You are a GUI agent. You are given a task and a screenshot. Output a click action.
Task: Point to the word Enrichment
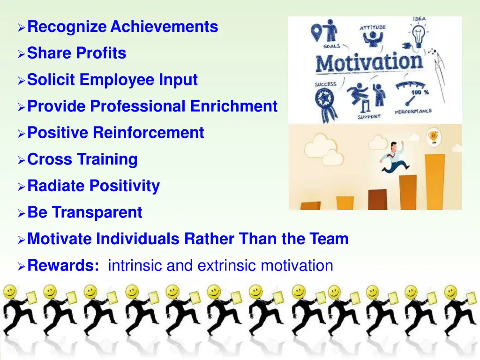pyautogui.click(x=234, y=106)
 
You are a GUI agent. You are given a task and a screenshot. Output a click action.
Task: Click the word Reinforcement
pyautogui.click(x=148, y=133)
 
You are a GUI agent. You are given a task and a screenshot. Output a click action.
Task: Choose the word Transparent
pyautogui.click(x=97, y=213)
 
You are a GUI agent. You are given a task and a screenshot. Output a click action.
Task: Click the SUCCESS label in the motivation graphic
pyautogui.click(x=325, y=85)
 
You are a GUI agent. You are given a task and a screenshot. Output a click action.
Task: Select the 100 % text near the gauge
pyautogui.click(x=420, y=92)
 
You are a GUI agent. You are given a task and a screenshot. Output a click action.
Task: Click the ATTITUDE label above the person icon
pyautogui.click(x=373, y=28)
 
